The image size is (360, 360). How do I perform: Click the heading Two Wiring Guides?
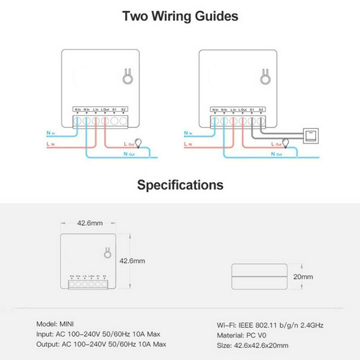tap(180, 17)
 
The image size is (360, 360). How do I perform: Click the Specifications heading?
tap(180, 184)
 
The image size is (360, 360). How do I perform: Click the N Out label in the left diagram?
tap(129, 154)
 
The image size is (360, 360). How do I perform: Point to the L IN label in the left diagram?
tap(50, 144)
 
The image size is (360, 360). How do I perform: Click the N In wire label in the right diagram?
tap(188, 133)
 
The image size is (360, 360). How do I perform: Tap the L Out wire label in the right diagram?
tap(276, 144)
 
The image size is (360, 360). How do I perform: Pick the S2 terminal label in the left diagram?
tap(123, 109)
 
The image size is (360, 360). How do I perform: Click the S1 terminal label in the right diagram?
tap(252, 109)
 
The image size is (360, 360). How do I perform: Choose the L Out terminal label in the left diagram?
tap(105, 109)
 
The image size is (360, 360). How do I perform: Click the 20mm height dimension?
tap(303, 277)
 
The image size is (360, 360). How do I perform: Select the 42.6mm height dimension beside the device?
tap(132, 261)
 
